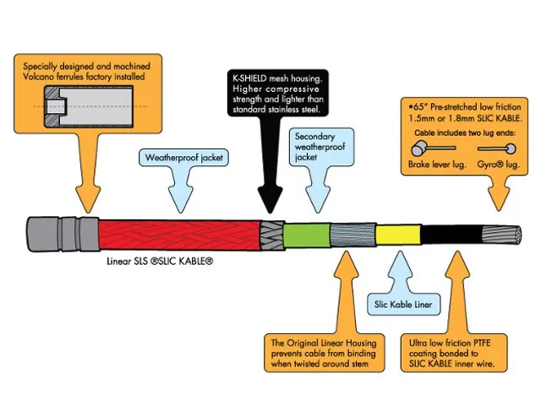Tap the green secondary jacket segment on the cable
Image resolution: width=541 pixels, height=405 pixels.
tap(302, 235)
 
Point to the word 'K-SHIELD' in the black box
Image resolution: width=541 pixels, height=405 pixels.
tap(254, 75)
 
